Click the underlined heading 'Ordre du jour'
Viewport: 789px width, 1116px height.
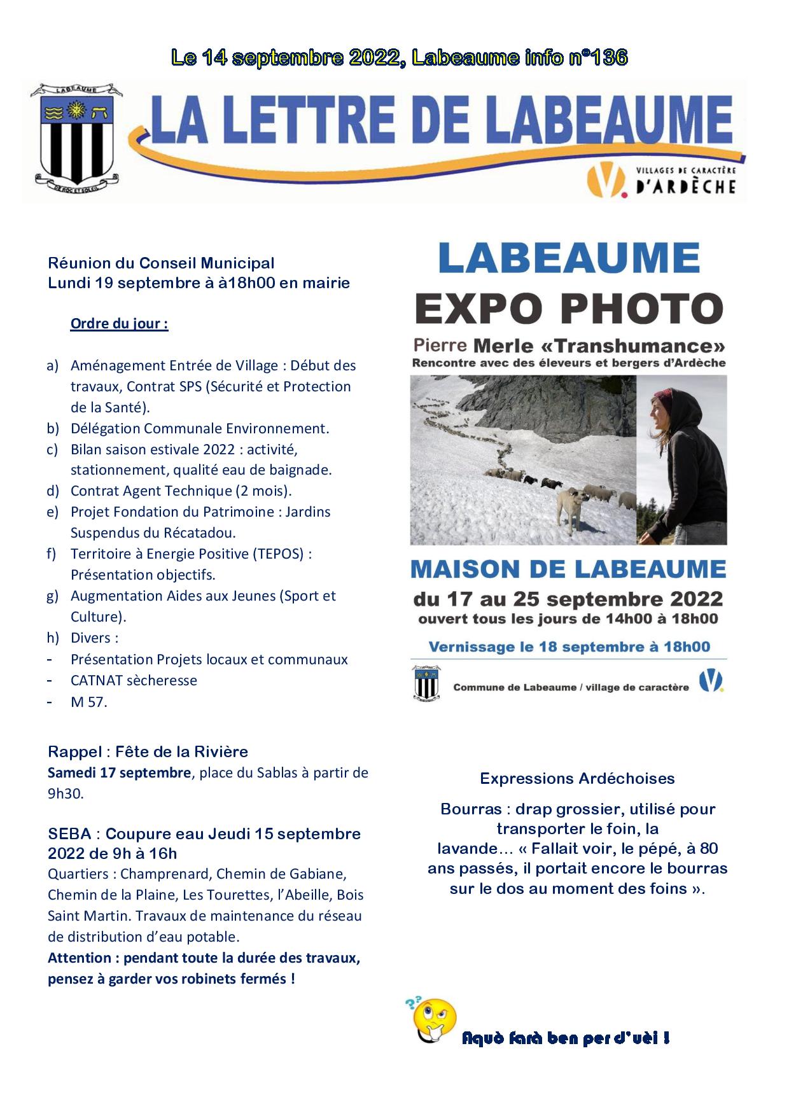coord(119,323)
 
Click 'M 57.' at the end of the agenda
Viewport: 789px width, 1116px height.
coord(88,701)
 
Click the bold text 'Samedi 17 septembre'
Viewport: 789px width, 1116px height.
coord(119,773)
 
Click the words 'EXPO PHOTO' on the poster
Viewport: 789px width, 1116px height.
coord(569,308)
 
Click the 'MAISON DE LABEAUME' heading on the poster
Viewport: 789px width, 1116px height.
coord(568,569)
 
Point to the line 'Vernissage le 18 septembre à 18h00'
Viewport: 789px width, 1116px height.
coord(569,647)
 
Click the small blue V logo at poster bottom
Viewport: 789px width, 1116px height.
coord(711,681)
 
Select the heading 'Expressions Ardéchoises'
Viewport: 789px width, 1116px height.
coord(577,778)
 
